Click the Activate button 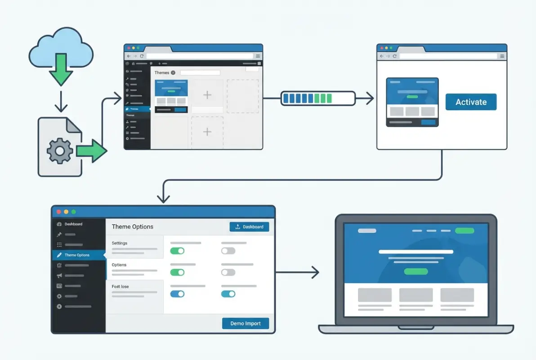(x=471, y=102)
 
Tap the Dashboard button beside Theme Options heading (x=249, y=227)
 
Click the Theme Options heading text (x=133, y=227)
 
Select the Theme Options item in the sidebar (x=77, y=255)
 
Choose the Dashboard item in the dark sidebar (x=73, y=224)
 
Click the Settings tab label (x=120, y=243)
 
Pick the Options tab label (x=119, y=265)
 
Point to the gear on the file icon (x=59, y=151)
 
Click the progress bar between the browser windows (x=317, y=98)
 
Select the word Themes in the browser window (x=162, y=72)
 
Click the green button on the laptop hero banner (x=415, y=271)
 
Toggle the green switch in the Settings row (x=177, y=251)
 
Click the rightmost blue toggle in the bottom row (x=228, y=294)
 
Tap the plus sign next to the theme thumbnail (x=207, y=95)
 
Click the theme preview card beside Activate (x=412, y=102)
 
